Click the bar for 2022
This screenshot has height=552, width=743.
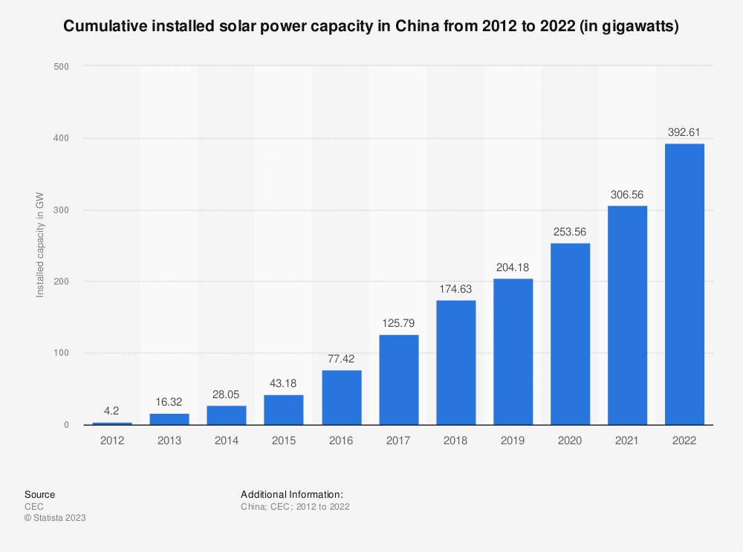pos(684,284)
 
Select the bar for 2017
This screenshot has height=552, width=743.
pos(399,380)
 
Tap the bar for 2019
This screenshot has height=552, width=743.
pos(513,351)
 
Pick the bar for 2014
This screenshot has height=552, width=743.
pos(227,415)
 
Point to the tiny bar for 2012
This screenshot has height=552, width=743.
pos(112,423)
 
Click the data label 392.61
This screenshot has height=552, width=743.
pos(684,132)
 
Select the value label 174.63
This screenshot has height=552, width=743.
pos(455,289)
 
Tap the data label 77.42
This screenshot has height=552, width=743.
pos(341,359)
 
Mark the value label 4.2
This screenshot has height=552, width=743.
pos(112,411)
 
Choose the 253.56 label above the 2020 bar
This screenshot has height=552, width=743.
pos(570,232)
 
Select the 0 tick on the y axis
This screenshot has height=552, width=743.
pos(66,425)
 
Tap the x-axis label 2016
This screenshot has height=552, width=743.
pos(341,441)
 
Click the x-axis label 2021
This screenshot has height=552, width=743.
pos(627,441)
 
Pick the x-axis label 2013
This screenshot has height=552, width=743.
pos(169,441)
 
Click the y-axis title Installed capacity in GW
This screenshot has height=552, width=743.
pos(41,246)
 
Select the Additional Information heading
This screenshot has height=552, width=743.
pos(291,494)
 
